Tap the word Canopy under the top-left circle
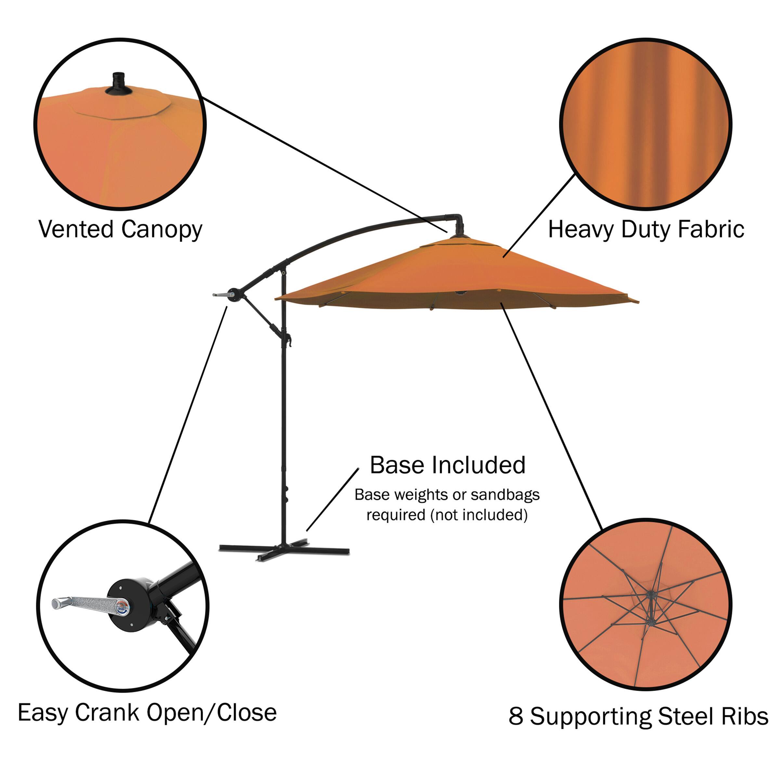(x=162, y=230)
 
